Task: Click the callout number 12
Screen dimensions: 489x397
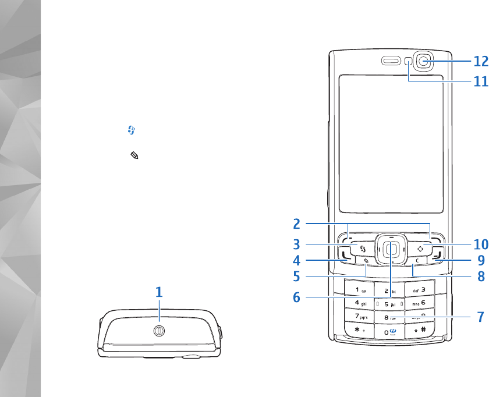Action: coord(480,61)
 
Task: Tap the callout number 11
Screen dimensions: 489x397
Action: coord(480,81)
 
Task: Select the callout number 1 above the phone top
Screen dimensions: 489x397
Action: coord(158,293)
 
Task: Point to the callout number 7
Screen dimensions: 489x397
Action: coord(480,318)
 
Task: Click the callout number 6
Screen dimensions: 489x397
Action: coord(296,297)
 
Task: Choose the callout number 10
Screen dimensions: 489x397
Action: coord(480,244)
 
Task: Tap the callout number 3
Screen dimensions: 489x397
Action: coord(296,244)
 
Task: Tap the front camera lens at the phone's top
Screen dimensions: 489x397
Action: coord(426,60)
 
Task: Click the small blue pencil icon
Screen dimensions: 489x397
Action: coord(134,156)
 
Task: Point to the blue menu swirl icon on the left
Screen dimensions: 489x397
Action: coord(132,132)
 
